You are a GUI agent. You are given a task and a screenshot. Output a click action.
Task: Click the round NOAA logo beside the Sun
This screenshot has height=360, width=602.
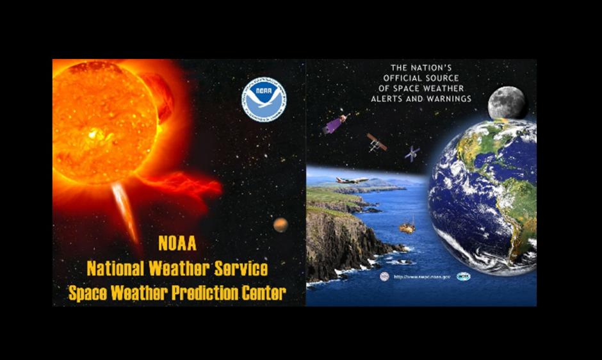click(264, 99)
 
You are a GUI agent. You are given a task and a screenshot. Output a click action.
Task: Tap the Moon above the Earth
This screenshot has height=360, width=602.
click(507, 104)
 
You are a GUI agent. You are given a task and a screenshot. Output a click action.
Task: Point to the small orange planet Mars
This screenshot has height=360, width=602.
click(280, 224)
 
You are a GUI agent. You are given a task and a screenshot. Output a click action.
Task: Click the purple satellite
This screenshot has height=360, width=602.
click(334, 124)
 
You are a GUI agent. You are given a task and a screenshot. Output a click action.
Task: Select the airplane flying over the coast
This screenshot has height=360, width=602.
click(352, 181)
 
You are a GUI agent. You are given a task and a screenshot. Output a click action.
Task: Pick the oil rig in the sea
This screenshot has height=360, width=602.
click(407, 225)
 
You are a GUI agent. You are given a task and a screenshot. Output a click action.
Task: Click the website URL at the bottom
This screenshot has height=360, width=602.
click(422, 277)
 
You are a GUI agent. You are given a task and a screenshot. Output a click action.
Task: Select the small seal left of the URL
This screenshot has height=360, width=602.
click(384, 276)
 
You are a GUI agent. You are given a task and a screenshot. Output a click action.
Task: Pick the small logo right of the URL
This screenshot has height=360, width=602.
click(463, 276)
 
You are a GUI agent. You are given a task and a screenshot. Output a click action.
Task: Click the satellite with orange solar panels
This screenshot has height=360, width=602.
click(377, 143)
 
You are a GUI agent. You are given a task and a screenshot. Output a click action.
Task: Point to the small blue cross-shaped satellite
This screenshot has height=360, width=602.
click(412, 153)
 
